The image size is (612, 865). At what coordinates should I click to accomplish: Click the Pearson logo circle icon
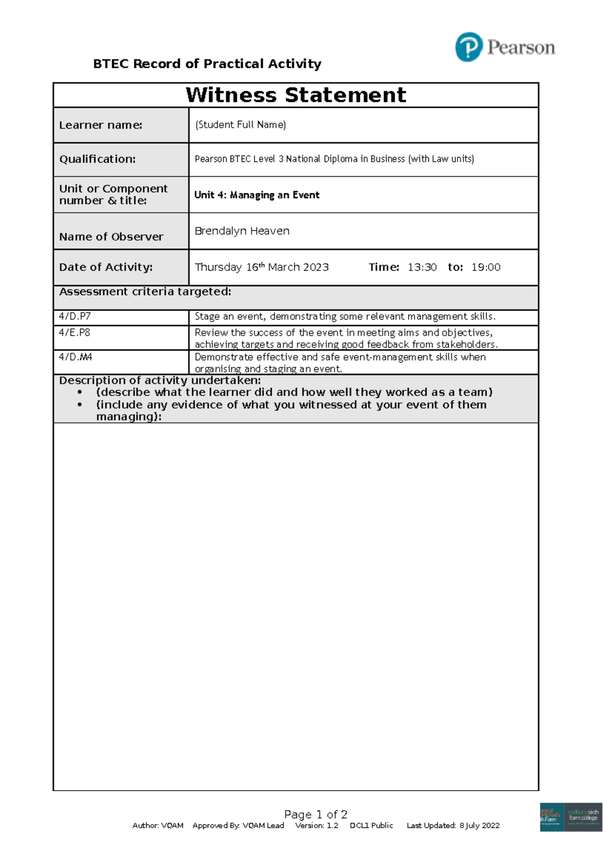(x=468, y=47)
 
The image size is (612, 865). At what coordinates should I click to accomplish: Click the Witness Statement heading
(x=296, y=95)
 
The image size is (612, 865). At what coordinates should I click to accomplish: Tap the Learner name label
(x=100, y=125)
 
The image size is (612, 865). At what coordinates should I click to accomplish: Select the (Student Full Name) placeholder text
(x=240, y=125)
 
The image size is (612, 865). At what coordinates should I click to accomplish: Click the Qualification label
(x=97, y=159)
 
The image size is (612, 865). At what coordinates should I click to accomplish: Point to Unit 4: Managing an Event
(x=257, y=195)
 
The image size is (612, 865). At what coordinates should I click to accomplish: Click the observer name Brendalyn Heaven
(x=242, y=231)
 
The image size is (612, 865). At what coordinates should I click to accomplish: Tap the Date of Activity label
(x=106, y=267)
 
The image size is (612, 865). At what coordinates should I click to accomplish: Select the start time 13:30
(x=422, y=267)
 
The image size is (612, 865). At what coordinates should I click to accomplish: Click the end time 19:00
(x=486, y=267)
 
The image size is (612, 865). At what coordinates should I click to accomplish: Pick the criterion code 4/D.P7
(x=74, y=316)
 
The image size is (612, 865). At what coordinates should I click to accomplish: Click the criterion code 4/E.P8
(x=74, y=333)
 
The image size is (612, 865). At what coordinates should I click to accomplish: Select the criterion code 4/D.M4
(x=75, y=357)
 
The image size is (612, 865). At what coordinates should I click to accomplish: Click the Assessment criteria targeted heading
(x=145, y=292)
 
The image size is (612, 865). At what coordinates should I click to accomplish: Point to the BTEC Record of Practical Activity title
(x=207, y=64)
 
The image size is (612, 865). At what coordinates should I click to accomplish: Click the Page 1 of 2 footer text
(x=316, y=814)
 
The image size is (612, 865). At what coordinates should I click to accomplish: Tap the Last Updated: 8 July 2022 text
(x=453, y=825)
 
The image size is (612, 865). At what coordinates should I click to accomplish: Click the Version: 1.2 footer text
(x=316, y=825)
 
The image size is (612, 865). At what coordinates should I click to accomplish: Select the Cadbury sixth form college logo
(x=583, y=817)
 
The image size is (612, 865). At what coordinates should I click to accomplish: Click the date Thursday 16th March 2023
(x=262, y=267)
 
